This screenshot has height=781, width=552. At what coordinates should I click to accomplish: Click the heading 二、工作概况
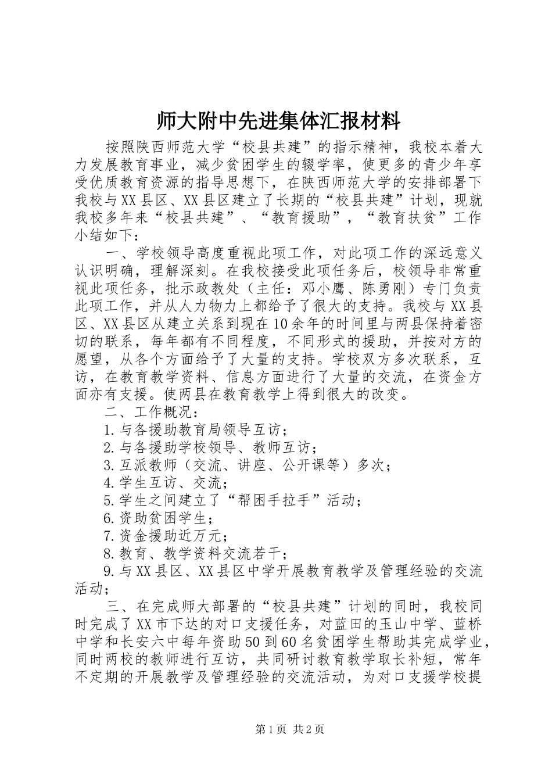[x=152, y=413]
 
